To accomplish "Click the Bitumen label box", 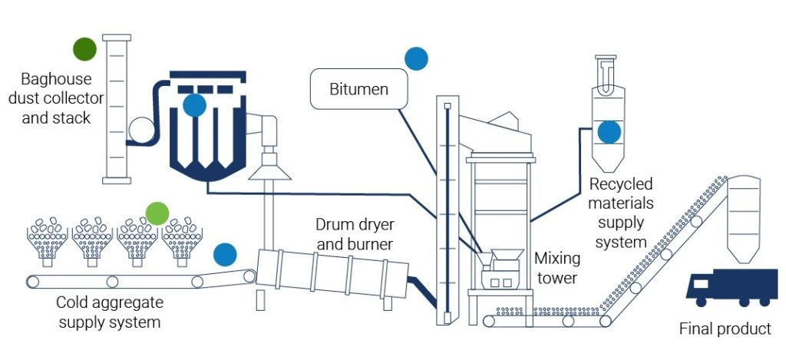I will (x=358, y=89).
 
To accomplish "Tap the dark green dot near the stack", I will (x=84, y=49).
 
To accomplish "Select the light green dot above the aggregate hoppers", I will (x=157, y=213).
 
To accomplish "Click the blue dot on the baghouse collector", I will (x=195, y=105).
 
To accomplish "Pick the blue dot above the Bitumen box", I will (x=416, y=58).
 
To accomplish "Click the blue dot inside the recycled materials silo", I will (x=609, y=132).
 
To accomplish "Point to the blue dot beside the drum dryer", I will (x=225, y=254).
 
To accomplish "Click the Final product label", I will (x=725, y=329).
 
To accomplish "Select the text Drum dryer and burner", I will (x=354, y=235).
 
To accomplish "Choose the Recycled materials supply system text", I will (x=621, y=213).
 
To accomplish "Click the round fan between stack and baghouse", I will (x=140, y=128).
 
